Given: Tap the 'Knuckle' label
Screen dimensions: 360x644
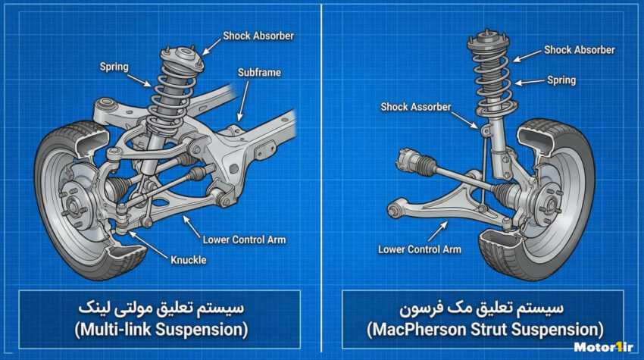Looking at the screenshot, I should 188,260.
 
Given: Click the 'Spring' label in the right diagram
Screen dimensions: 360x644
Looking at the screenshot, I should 561,80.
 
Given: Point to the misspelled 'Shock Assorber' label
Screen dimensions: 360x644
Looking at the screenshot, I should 415,107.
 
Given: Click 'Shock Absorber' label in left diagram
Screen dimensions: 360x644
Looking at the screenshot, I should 258,36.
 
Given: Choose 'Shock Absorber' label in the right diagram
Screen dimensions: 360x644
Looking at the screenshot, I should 579,50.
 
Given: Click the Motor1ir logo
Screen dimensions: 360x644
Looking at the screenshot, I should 603,348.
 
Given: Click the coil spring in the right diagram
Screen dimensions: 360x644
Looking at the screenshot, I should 489,76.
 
